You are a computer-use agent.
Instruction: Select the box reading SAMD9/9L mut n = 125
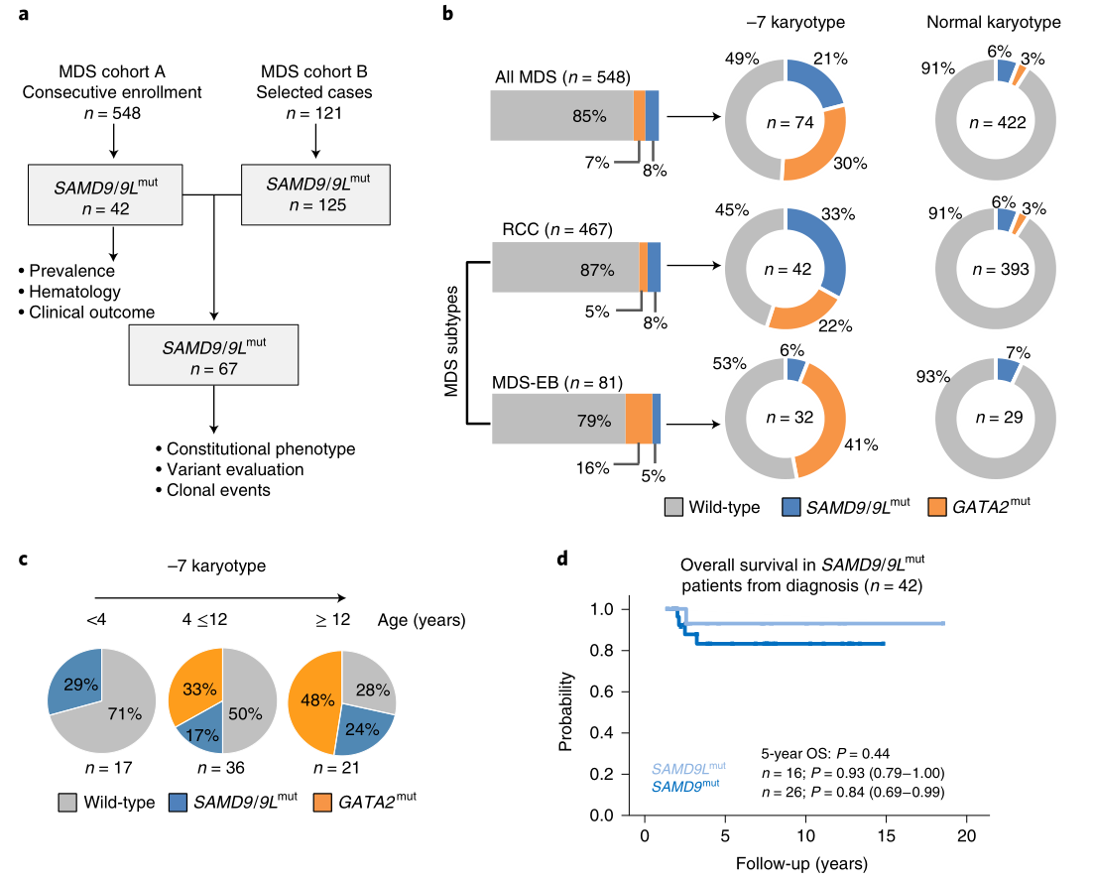coord(315,194)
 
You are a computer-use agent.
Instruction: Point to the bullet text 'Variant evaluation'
coord(235,469)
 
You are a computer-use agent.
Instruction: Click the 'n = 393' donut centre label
coord(993,269)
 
